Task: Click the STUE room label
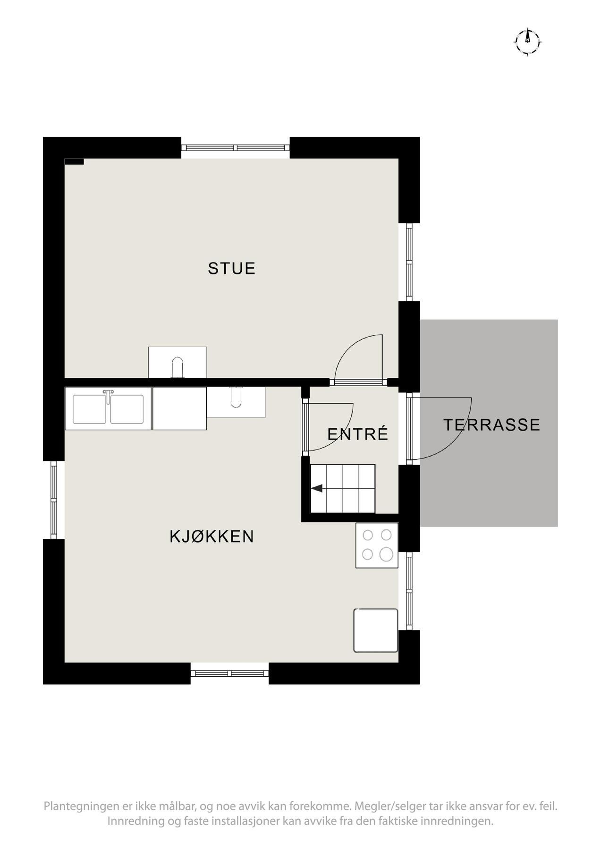coord(231,268)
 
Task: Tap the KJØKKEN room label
coord(212,536)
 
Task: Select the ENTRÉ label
coord(357,433)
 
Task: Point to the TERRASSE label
coord(491,425)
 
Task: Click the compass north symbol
coord(527,41)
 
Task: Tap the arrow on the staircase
coord(317,488)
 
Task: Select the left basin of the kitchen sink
coord(89,409)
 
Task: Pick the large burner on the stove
coord(386,554)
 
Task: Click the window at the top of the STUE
coord(235,148)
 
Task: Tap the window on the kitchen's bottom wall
coord(229,673)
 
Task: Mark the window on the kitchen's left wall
coord(54,500)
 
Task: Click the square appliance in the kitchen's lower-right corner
coord(376,630)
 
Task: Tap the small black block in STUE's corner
coord(74,161)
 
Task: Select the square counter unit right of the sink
coord(179,408)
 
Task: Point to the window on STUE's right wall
coord(409,262)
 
